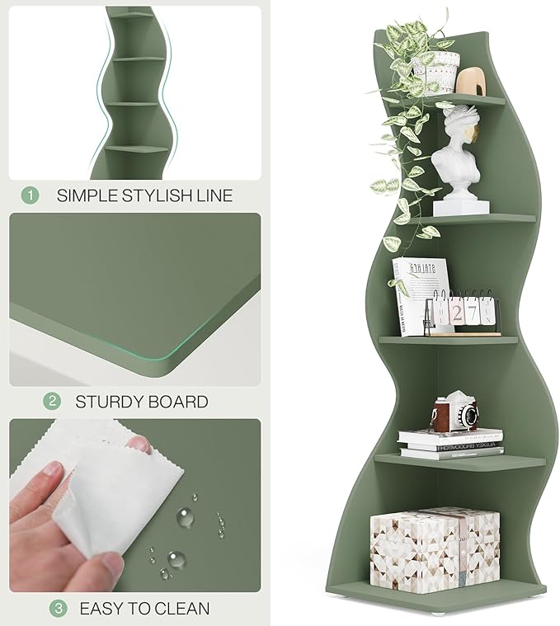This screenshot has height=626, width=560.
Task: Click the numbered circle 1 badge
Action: (x=30, y=195)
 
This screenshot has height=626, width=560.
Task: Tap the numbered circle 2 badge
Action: (x=52, y=402)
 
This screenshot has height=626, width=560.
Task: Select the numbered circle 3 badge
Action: (x=58, y=609)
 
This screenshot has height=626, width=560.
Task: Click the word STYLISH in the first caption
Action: (x=153, y=195)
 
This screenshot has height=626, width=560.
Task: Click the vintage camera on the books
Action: (x=456, y=412)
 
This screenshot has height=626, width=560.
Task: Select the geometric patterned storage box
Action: (x=435, y=546)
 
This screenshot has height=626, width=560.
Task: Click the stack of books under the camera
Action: (x=449, y=443)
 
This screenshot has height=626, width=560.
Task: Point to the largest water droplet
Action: (x=185, y=517)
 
